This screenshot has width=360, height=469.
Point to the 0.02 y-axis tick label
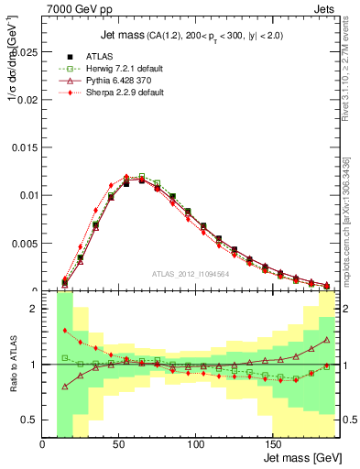[x=28, y=100]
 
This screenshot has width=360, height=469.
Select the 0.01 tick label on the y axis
[x=28, y=195]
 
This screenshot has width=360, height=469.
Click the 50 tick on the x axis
[x=119, y=444]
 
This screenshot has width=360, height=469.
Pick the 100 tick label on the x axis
[x=195, y=444]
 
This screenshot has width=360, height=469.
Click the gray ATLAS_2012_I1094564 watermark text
[x=190, y=273]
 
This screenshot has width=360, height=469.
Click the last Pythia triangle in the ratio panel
[x=326, y=339]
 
